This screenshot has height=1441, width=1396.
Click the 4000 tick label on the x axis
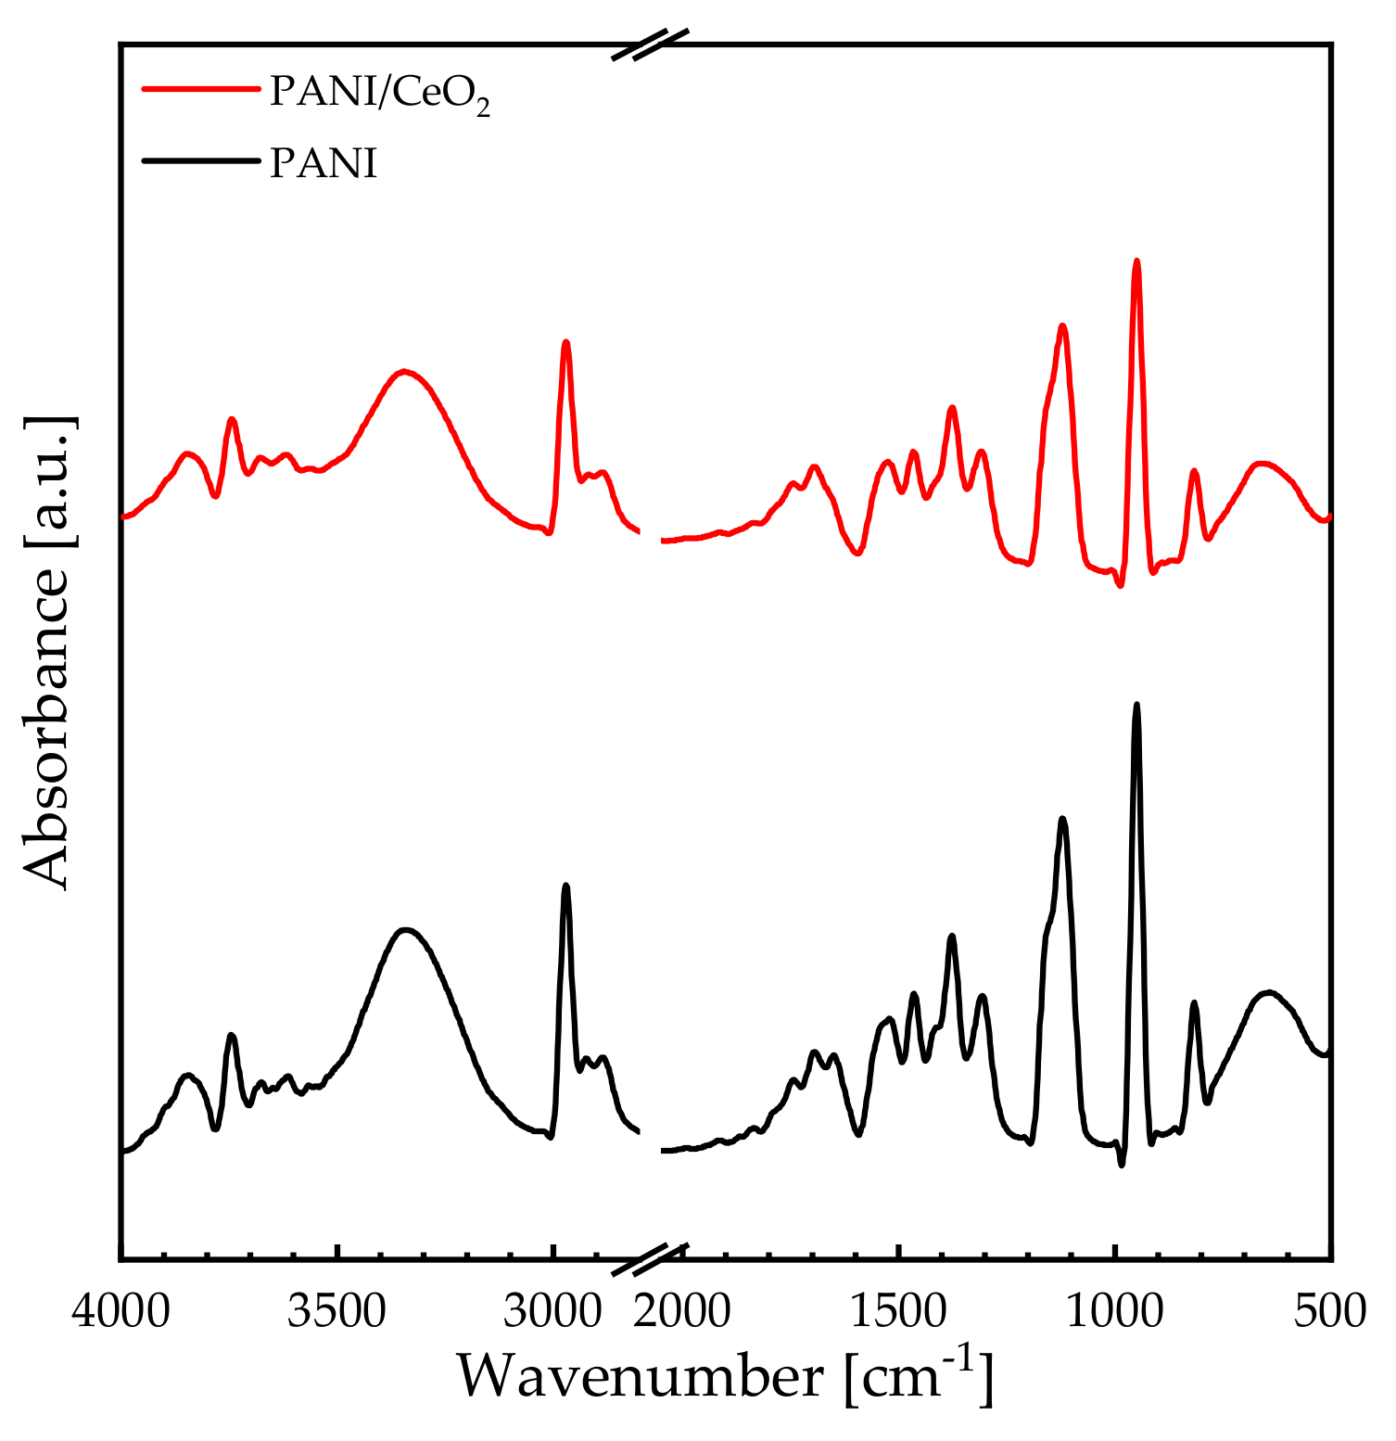click(x=121, y=1311)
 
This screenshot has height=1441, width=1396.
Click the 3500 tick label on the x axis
click(x=336, y=1311)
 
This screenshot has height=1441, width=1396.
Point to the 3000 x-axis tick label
click(x=552, y=1311)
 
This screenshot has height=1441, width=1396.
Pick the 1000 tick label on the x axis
click(x=1114, y=1311)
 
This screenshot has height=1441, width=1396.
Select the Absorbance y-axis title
click(x=46, y=652)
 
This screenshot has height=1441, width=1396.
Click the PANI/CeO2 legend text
click(x=379, y=93)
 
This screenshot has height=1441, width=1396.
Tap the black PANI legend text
click(x=324, y=163)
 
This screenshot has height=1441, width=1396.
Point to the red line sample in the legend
click(x=200, y=90)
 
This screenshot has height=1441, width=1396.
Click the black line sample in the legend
click(x=200, y=161)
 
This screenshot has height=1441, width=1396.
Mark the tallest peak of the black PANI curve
click(x=1136, y=705)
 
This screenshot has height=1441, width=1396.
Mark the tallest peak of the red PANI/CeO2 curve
click(x=1136, y=261)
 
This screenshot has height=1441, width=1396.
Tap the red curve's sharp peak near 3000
click(x=565, y=342)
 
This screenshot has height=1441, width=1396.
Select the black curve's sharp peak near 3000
click(x=565, y=886)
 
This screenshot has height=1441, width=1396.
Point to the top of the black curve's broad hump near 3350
click(x=404, y=929)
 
